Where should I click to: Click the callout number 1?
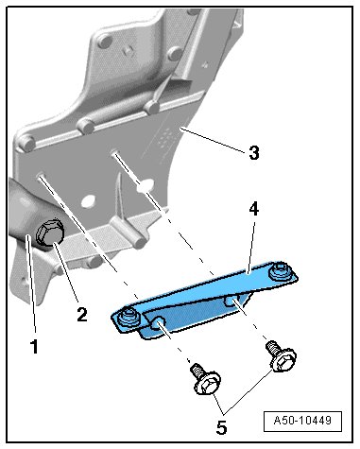(34, 346)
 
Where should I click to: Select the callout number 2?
(82, 314)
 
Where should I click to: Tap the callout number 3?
(254, 152)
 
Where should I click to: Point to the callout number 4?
(253, 209)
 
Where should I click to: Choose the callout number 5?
(221, 427)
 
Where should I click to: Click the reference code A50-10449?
(302, 421)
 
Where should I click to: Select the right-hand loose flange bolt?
(281, 356)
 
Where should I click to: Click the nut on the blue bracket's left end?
(129, 317)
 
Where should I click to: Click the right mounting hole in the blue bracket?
(231, 301)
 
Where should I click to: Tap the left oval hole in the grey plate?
(88, 200)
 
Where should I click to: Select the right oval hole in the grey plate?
(146, 185)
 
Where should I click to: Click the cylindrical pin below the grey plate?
(132, 233)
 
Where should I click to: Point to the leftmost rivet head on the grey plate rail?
(26, 144)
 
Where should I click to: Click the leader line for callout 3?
(213, 140)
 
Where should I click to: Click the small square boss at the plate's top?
(128, 50)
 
